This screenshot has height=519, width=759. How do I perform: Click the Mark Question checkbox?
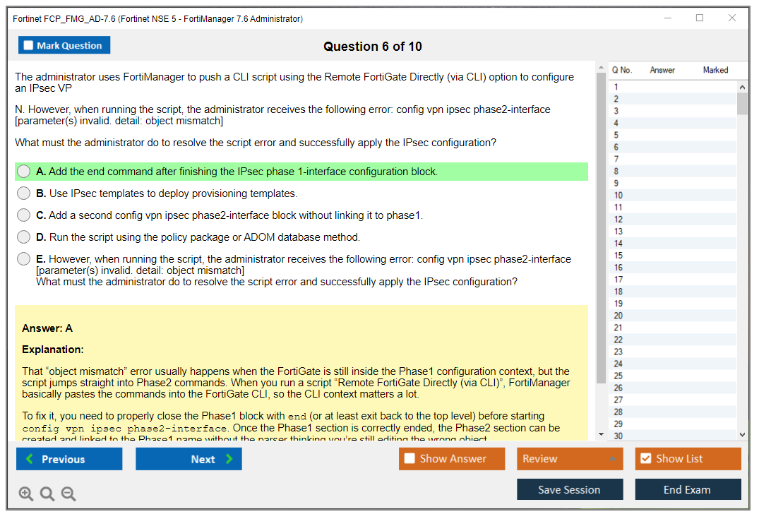[x=29, y=45]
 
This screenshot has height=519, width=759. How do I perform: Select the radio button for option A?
[x=24, y=172]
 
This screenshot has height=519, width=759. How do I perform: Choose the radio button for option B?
[x=24, y=193]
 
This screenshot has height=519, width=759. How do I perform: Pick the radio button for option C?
[x=24, y=215]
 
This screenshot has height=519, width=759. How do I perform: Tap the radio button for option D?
[x=24, y=237]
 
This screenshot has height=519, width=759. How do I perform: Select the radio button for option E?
[x=24, y=259]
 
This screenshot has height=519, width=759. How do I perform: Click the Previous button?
[x=69, y=459]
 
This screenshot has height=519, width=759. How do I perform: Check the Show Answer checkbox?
[x=410, y=459]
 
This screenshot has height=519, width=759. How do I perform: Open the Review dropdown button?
[x=570, y=459]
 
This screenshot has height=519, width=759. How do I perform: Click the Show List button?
[x=688, y=459]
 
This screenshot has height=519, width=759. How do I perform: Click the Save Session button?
[x=570, y=489]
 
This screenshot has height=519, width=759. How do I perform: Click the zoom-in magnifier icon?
[x=26, y=494]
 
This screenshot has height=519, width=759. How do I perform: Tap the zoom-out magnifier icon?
[x=68, y=494]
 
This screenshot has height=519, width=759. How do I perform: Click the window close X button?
[x=732, y=18]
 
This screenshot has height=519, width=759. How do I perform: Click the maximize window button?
[x=700, y=18]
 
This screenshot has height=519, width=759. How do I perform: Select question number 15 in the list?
[x=618, y=256]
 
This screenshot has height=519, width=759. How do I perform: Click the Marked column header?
[x=715, y=70]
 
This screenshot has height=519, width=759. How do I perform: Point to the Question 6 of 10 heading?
[x=373, y=47]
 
